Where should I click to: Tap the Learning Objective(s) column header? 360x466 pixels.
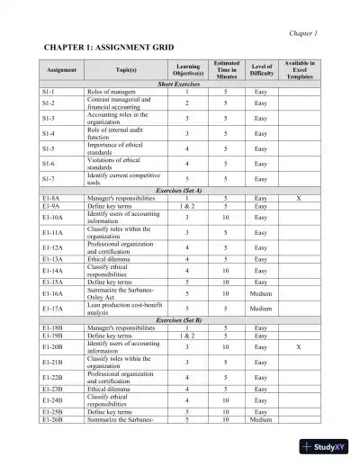[x=188, y=67]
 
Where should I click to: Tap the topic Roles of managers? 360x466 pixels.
[x=114, y=91]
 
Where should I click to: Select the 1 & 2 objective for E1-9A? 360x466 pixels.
[x=188, y=205]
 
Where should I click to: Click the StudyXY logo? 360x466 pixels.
[x=328, y=447]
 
